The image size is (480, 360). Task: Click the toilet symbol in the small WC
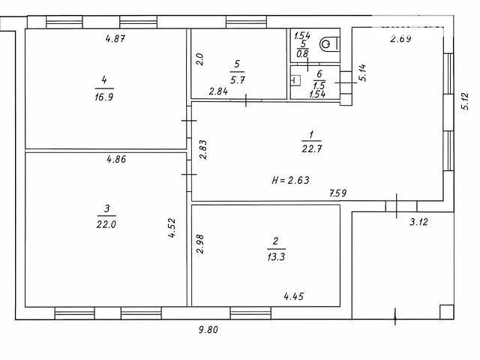click(329, 45)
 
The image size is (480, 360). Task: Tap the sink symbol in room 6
click(295, 80)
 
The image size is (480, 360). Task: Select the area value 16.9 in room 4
click(104, 97)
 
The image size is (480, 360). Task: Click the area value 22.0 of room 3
click(106, 224)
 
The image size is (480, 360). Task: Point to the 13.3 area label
click(276, 256)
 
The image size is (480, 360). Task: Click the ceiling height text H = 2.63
click(290, 180)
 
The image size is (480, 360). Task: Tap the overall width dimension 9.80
click(208, 330)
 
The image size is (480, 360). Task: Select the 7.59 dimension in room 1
click(338, 193)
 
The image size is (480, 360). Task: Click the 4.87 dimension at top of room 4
click(115, 38)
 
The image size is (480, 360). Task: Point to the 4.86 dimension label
click(116, 159)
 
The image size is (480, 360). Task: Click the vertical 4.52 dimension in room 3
click(172, 228)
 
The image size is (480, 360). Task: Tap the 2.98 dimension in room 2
click(200, 244)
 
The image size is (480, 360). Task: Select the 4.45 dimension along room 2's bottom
click(294, 296)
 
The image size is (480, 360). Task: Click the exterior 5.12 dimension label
click(465, 101)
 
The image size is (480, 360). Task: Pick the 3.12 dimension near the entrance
click(418, 222)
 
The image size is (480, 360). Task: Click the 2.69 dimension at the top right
click(400, 38)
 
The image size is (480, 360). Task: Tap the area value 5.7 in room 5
click(238, 80)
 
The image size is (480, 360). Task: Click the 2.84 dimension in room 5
click(218, 91)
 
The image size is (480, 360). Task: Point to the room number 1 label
click(311, 134)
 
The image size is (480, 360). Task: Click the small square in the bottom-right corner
click(447, 312)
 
